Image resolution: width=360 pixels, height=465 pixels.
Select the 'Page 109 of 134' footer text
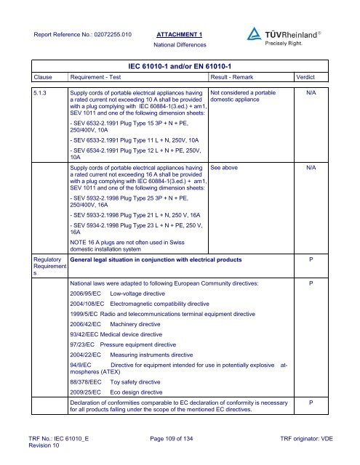click(180, 439)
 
